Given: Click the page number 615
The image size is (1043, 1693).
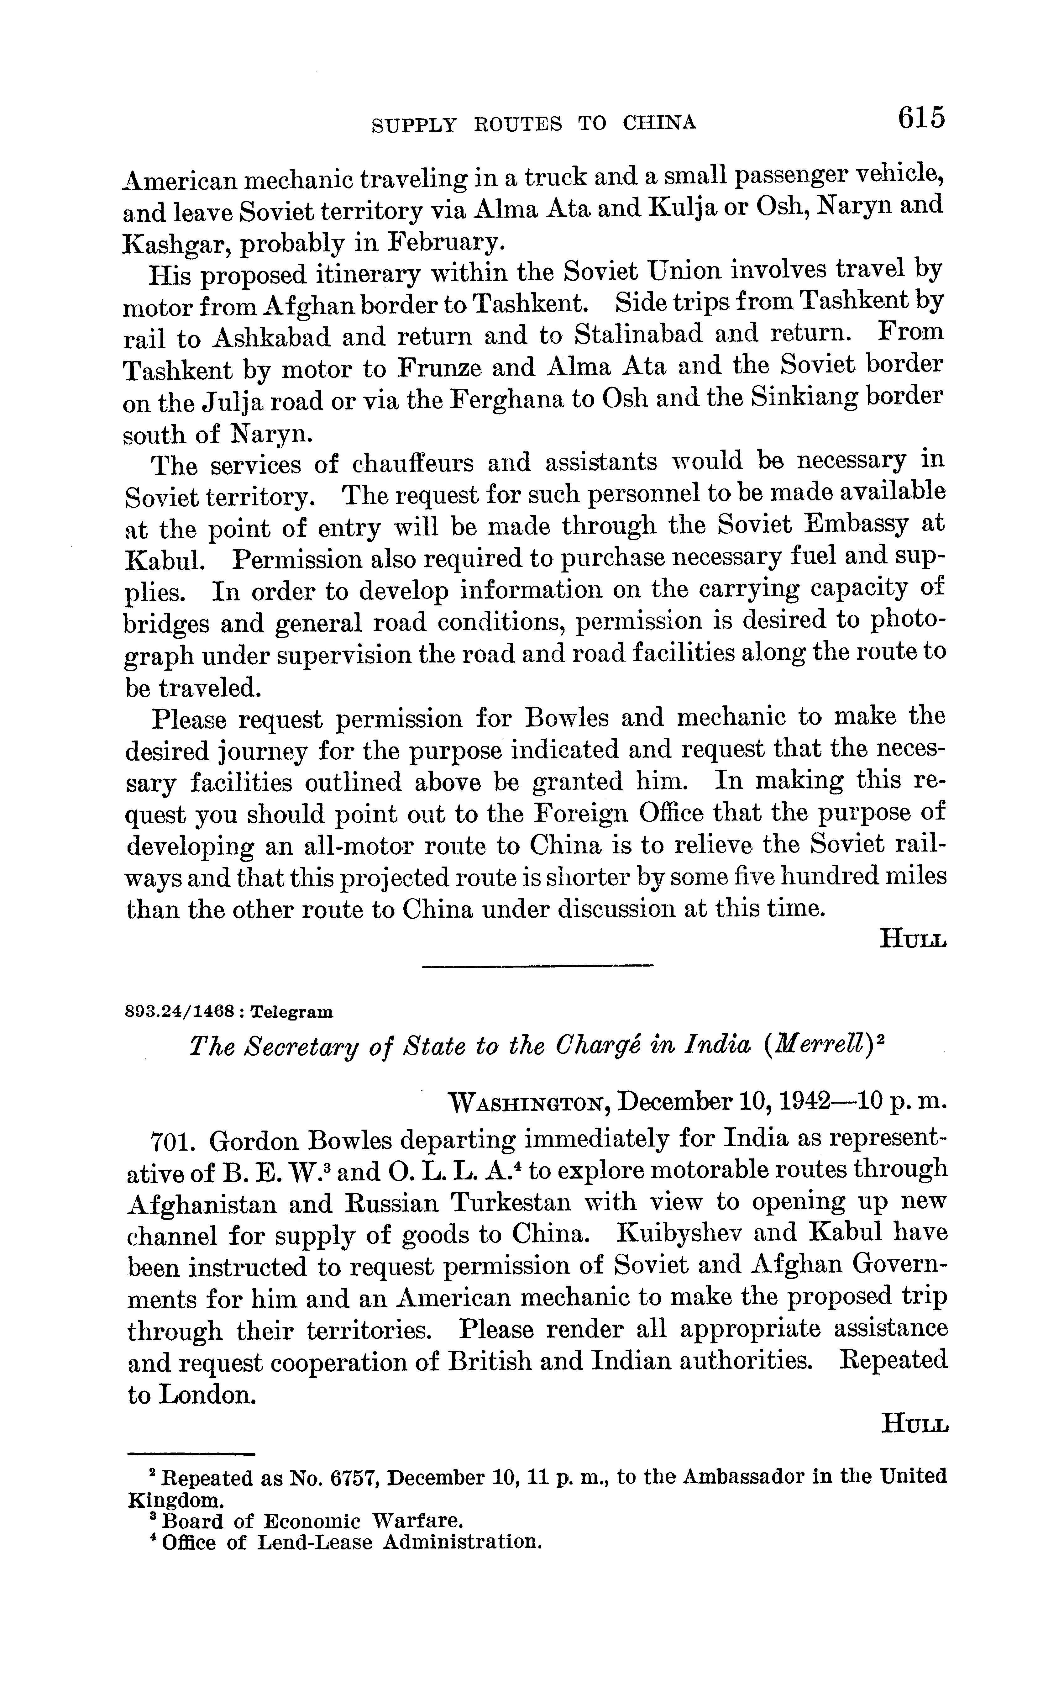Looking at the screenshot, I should pos(920,118).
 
